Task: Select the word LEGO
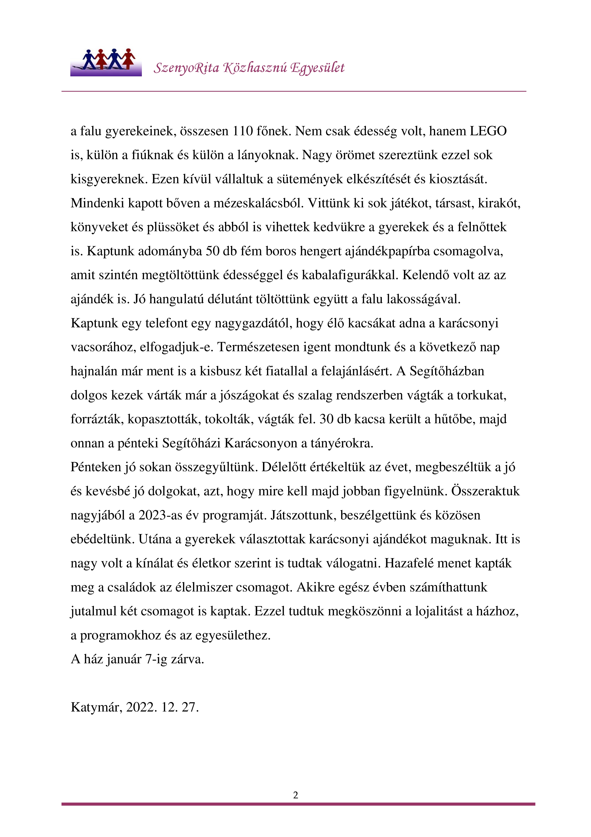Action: click(x=488, y=131)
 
